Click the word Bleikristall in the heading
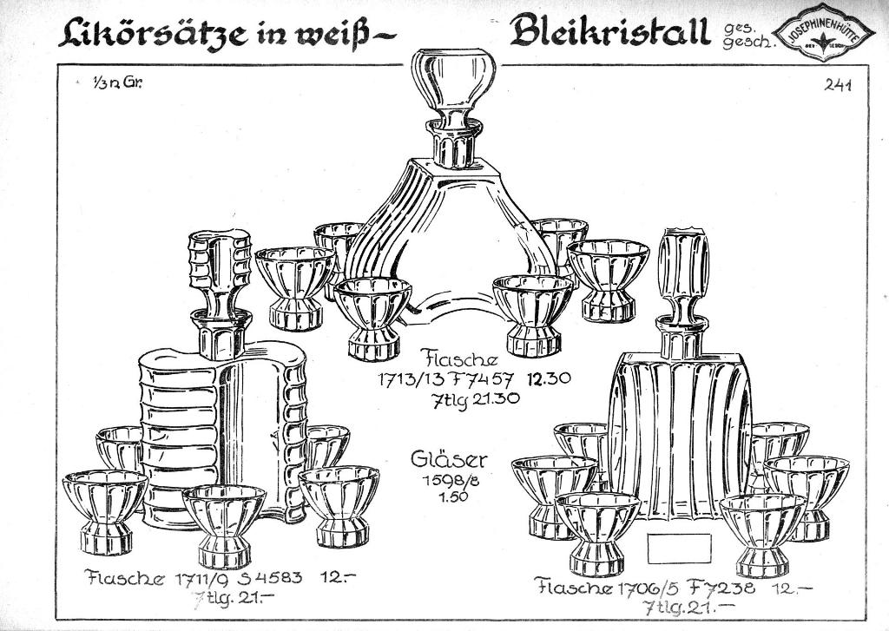click(x=609, y=33)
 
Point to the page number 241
click(x=838, y=85)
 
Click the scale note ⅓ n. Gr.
click(x=118, y=84)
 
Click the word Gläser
click(x=449, y=460)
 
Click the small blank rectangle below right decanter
click(x=679, y=546)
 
